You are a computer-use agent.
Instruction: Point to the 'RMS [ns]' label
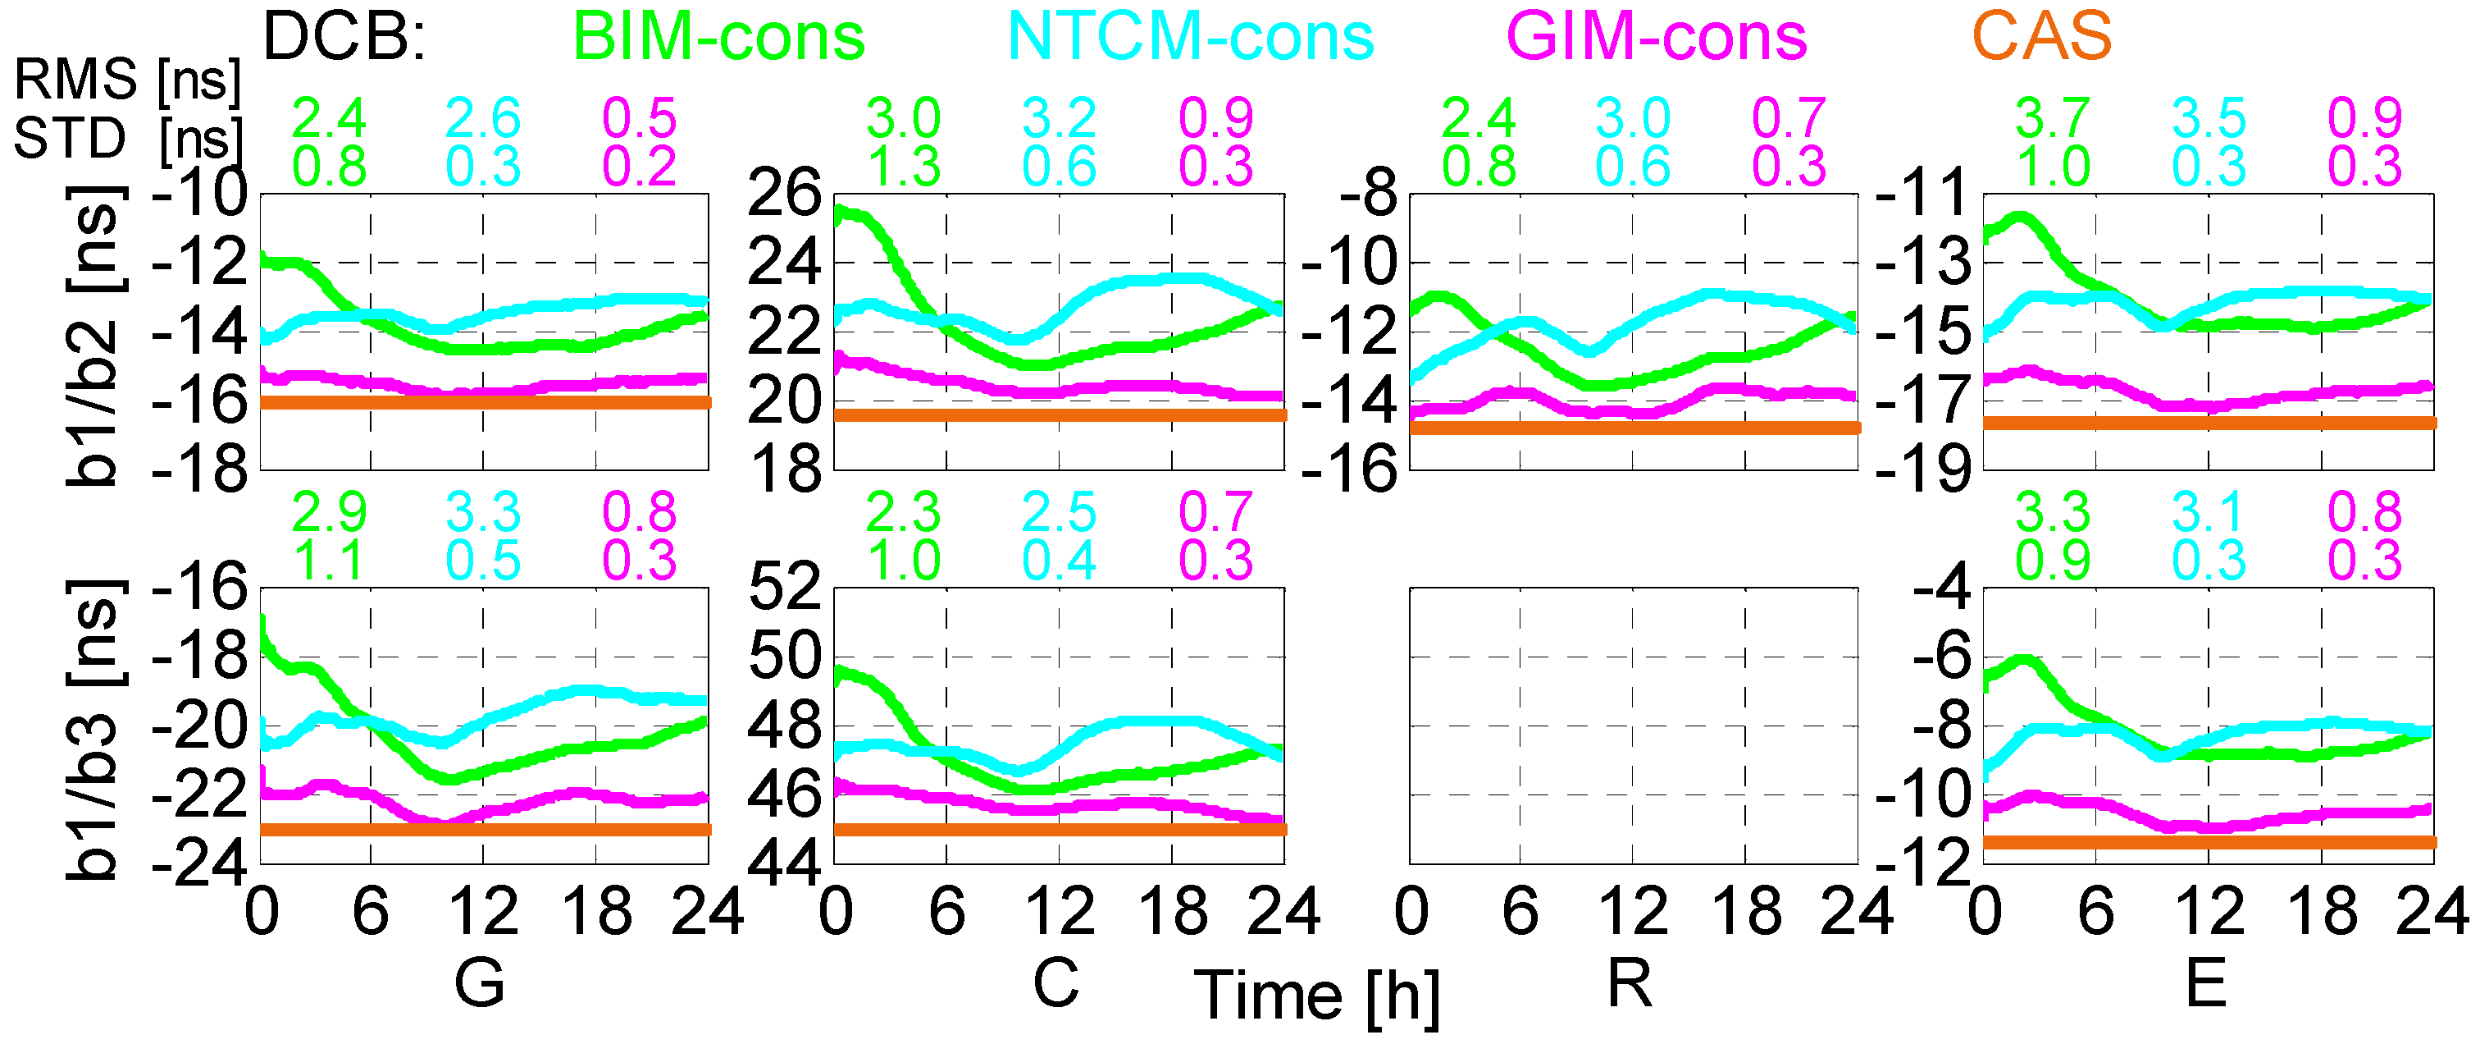pos(126,79)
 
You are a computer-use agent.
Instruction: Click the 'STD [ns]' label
pos(126,138)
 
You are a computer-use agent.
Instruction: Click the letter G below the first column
pos(478,983)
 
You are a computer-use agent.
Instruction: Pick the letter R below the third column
pos(1630,983)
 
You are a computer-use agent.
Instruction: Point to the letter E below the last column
pos(2205,983)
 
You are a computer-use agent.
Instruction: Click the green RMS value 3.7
pos(2053,118)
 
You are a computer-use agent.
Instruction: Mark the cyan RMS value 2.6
pos(482,118)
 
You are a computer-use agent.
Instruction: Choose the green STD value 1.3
pos(903,167)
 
